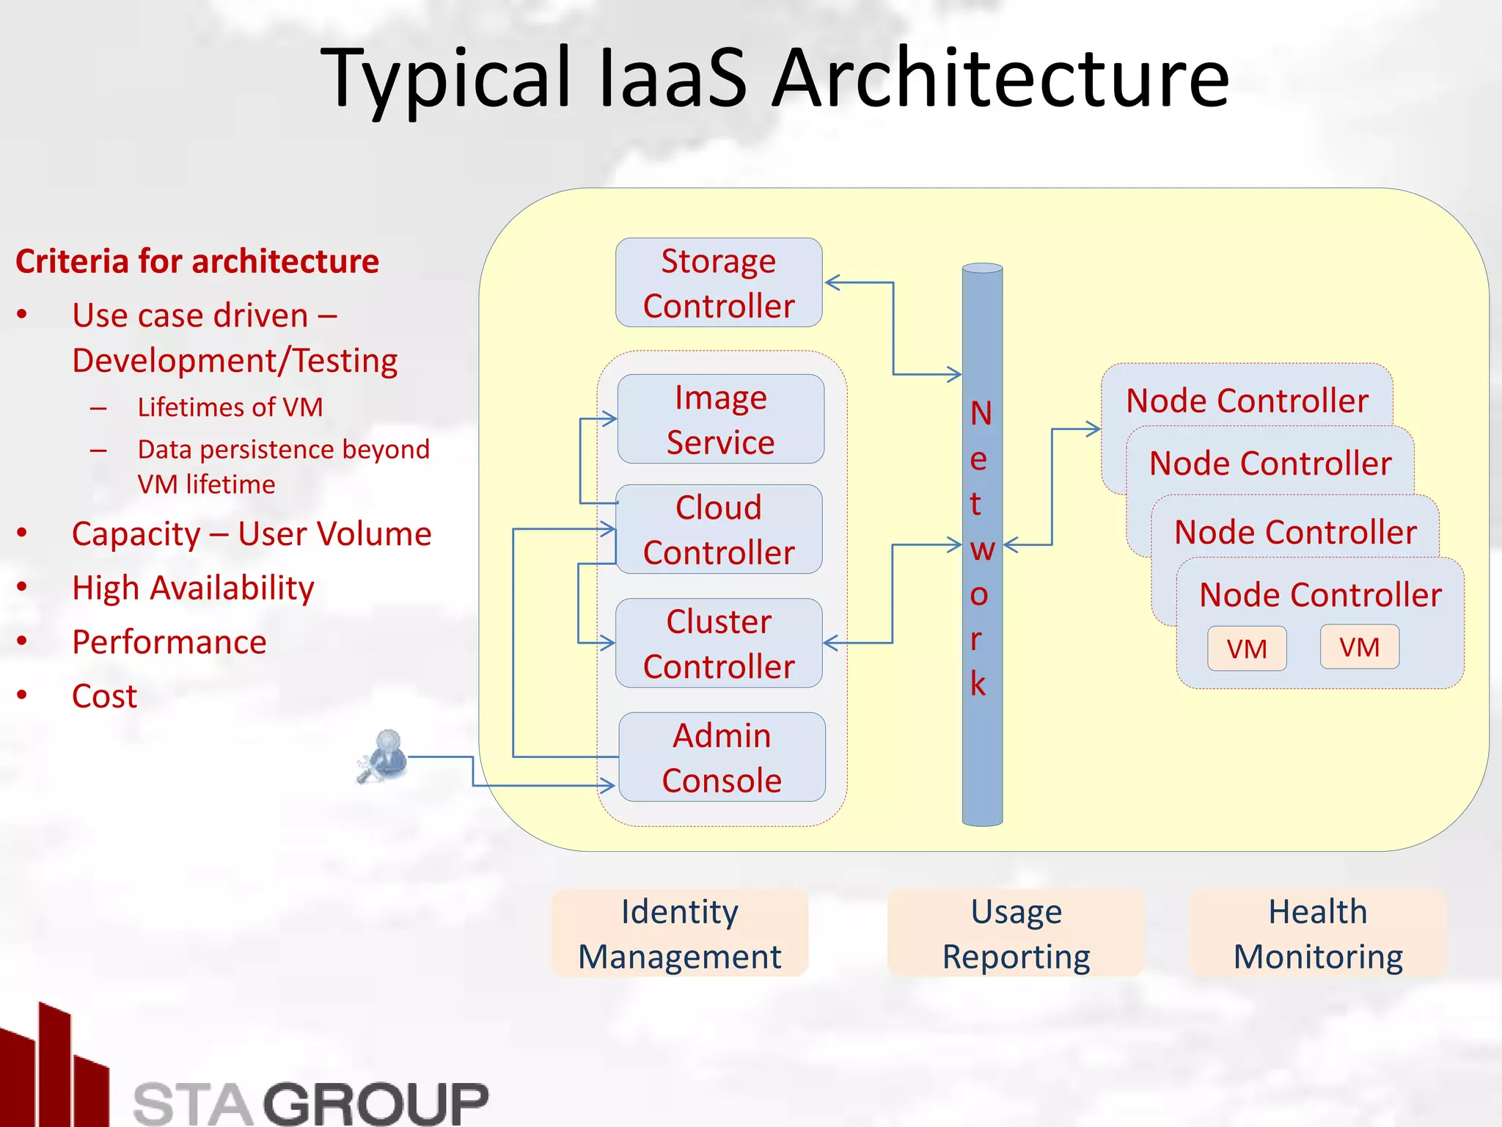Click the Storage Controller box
click(719, 282)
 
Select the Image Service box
click(720, 419)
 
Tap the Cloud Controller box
click(719, 529)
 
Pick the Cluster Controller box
click(719, 643)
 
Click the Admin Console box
click(722, 757)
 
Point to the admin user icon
click(384, 756)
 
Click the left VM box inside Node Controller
click(1247, 649)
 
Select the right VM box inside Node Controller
click(1359, 647)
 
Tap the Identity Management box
click(679, 933)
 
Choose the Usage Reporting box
click(1016, 933)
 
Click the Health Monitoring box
click(1318, 933)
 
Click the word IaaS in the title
click(673, 78)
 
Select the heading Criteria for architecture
click(197, 262)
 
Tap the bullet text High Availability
click(193, 588)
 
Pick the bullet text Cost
click(104, 696)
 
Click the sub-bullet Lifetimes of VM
click(230, 407)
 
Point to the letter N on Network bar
click(981, 414)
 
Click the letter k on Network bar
click(978, 684)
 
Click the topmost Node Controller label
click(1247, 401)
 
